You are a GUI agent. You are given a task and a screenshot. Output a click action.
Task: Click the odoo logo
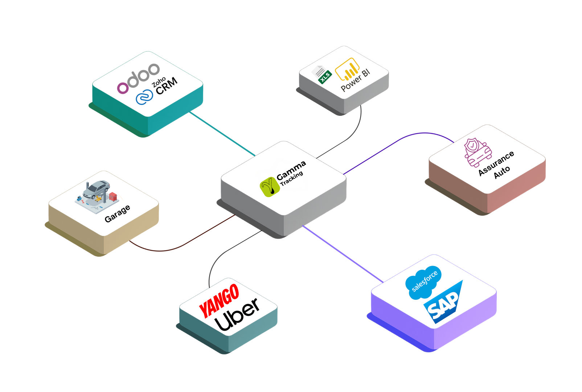pos(138,78)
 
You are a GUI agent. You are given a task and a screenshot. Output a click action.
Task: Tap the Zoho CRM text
pos(165,86)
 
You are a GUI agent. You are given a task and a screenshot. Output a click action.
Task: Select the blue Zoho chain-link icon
pos(144,98)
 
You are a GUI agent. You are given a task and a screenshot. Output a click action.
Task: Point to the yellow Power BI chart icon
pos(347,69)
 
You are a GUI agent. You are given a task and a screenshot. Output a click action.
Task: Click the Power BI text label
pos(355,81)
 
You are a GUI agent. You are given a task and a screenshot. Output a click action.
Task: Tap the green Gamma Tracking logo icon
pos(270,187)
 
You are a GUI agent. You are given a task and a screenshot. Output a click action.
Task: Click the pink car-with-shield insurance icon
pos(477,152)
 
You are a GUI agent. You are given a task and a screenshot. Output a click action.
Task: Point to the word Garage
pos(117,213)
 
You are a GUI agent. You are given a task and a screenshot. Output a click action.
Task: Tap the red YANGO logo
pos(219,301)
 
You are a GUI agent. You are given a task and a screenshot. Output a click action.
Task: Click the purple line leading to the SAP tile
pos(343,254)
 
